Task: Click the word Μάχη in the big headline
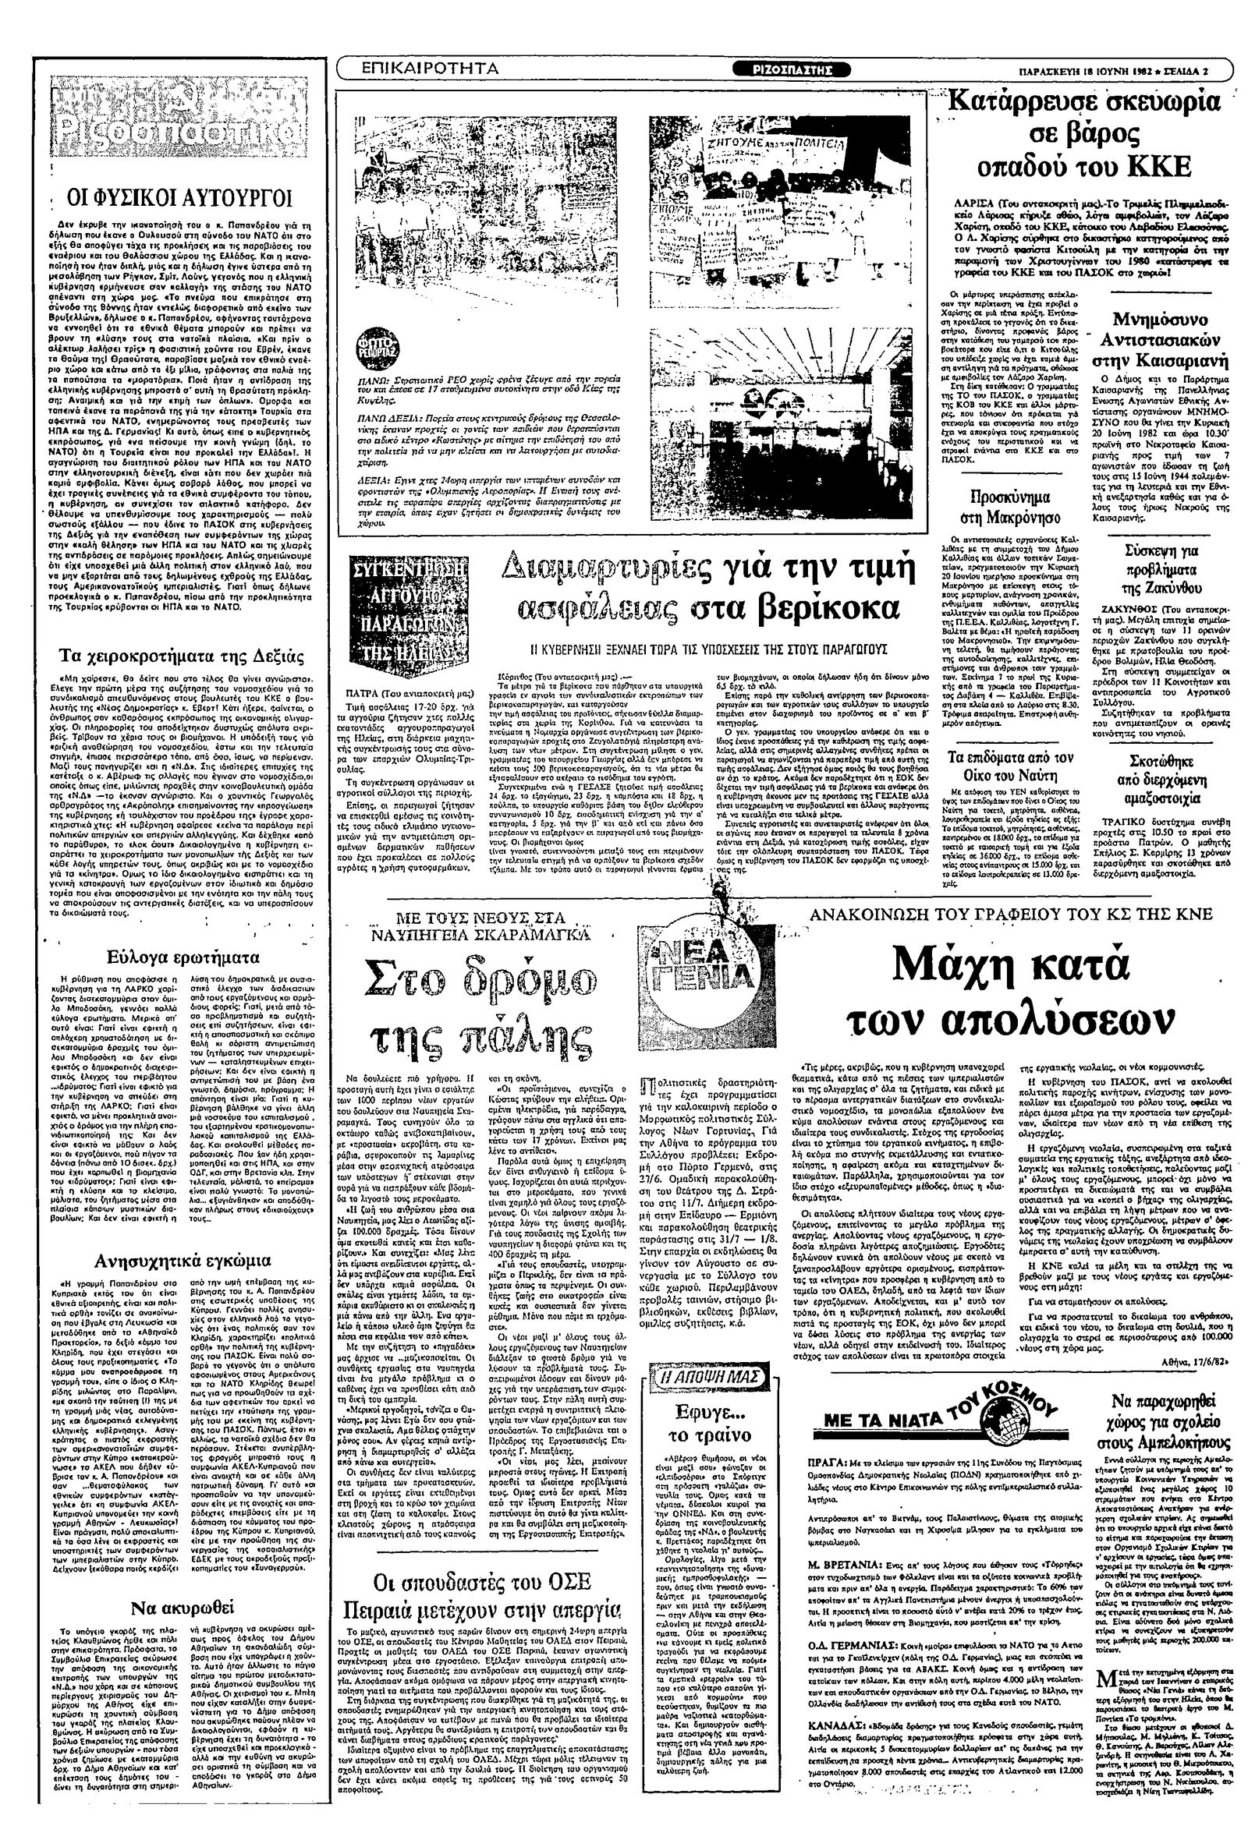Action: point(953,965)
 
